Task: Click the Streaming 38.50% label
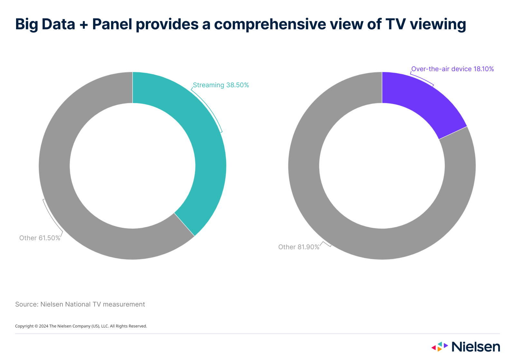[x=221, y=85]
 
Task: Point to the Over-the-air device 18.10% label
[x=452, y=69]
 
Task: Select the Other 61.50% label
[x=40, y=238]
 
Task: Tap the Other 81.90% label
[x=299, y=247]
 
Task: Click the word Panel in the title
[x=112, y=24]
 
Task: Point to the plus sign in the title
[x=84, y=25]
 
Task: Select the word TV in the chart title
[x=395, y=24]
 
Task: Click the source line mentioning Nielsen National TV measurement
[x=80, y=304]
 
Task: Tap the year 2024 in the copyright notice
[x=44, y=326]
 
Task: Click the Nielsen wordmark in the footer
[x=476, y=347]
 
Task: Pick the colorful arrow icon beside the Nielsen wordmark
[x=439, y=346]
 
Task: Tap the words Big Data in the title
[x=45, y=24]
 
